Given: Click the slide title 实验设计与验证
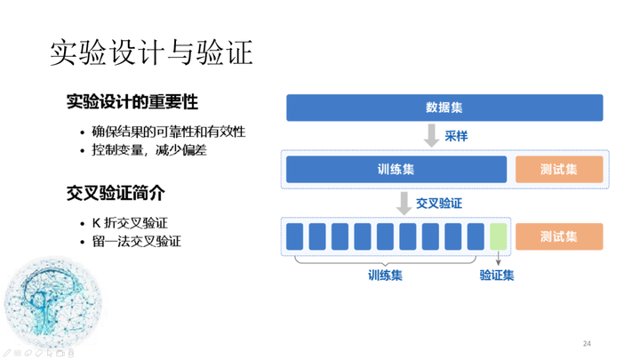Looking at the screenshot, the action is pos(151,52).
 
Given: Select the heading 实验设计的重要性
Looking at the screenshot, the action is pos(132,102).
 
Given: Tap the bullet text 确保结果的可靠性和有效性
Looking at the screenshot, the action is pos(169,132).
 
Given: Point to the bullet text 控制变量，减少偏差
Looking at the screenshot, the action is pos(149,150).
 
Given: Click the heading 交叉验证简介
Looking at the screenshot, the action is pos(116,193).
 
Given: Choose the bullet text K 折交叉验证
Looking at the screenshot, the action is pos(130,223).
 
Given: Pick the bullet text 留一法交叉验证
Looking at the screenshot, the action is pos(136,241).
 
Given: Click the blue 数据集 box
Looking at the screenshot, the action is pos(444,108).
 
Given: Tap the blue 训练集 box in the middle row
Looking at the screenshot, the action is pos(396,170).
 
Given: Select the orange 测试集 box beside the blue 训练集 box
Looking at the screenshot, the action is pos(559,170).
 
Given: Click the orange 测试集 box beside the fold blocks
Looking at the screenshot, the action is pos(559,236).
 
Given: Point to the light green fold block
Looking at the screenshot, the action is pos(499,236).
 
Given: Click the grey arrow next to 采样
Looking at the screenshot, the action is pos(431,135).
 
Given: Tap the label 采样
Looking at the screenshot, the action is pos(456,136).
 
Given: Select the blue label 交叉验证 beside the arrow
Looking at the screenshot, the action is pos(439,204).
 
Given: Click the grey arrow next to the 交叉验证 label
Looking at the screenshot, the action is pos(404,204).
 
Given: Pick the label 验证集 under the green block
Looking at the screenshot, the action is pos(497,275).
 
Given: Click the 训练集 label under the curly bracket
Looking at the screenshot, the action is pos(385,275).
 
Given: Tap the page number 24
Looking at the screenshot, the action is pos(587,344).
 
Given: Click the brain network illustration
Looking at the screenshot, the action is pos(53,301).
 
